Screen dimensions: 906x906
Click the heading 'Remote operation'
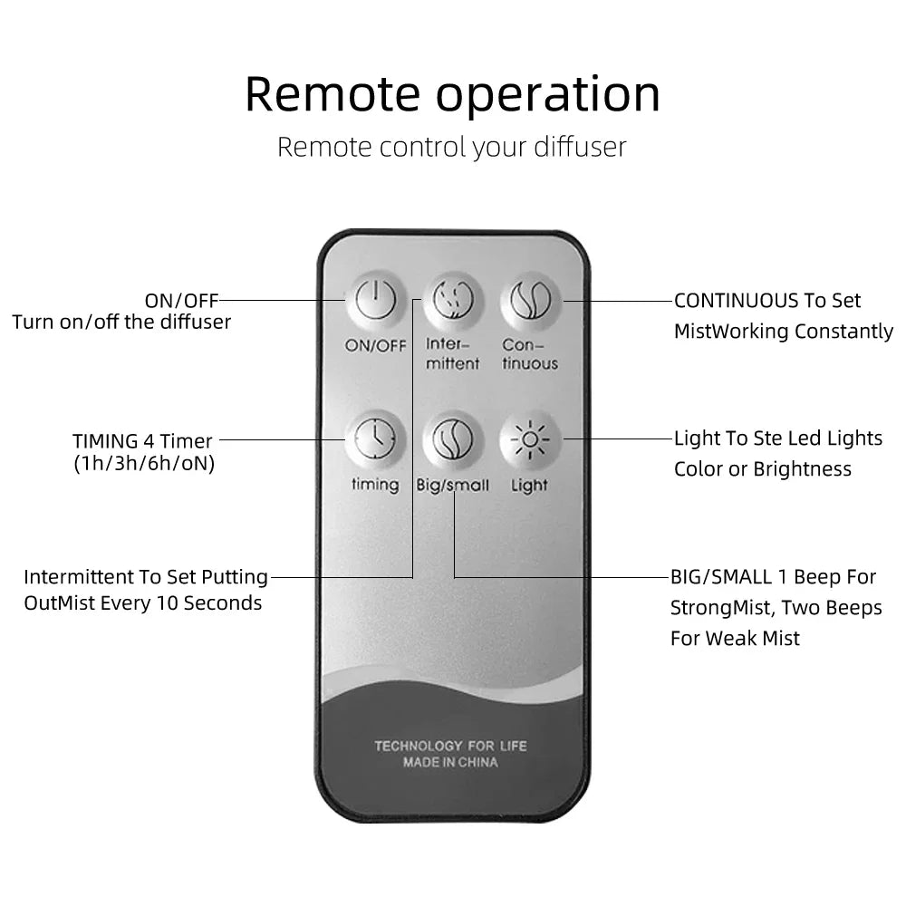tap(452, 94)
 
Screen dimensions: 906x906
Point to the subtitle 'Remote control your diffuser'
tap(451, 147)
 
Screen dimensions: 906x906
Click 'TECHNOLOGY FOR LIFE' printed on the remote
tap(450, 746)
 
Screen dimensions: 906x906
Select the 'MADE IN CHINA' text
tap(450, 763)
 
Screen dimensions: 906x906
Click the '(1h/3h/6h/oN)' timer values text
tap(144, 465)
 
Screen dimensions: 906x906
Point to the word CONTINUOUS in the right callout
tap(737, 301)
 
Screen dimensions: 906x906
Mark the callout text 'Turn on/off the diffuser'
tap(121, 322)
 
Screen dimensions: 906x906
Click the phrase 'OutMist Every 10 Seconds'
tap(143, 603)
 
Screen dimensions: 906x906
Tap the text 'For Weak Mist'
tap(735, 638)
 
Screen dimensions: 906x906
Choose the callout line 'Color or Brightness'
tap(762, 469)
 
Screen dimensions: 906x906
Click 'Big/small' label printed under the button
tap(452, 486)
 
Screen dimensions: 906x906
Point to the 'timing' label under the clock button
tap(375, 485)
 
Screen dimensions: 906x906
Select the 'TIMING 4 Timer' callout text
tap(142, 441)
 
